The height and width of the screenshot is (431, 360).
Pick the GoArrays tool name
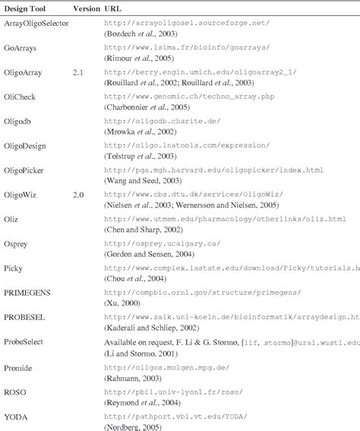coord(21,48)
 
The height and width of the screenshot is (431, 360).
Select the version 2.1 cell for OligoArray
coord(79,71)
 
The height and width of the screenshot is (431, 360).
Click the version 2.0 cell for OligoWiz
coord(79,195)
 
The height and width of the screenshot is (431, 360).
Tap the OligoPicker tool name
coord(25,172)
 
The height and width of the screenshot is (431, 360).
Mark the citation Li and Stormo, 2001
coord(140,356)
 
